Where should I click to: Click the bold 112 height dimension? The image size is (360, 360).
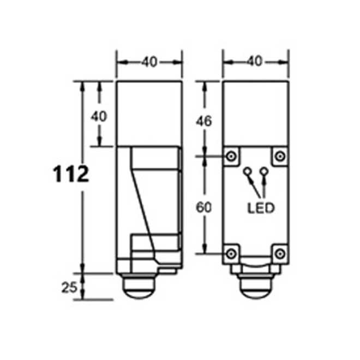coord(70,175)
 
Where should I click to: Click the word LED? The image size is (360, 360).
coord(261,208)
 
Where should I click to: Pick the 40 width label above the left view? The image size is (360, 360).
coord(149,62)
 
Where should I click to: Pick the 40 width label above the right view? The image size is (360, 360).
coord(255,62)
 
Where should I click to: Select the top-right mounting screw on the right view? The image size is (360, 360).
coord(279,156)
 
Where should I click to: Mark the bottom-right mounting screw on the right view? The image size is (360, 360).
coord(279,253)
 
